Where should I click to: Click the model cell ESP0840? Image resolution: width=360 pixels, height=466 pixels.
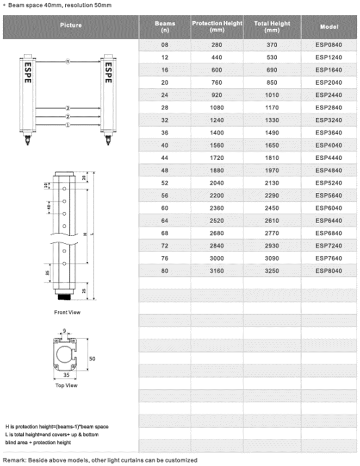click(x=329, y=45)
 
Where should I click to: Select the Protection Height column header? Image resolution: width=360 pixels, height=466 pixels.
click(x=217, y=26)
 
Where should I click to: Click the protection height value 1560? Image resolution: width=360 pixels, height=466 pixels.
click(x=217, y=145)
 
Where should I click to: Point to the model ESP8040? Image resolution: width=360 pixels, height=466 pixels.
click(x=329, y=271)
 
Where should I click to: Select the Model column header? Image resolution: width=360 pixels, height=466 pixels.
click(x=329, y=26)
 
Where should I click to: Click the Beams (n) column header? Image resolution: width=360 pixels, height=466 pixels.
click(x=165, y=26)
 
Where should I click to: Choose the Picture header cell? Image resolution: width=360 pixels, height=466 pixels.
click(x=71, y=25)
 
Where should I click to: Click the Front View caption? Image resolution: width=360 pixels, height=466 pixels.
click(x=67, y=312)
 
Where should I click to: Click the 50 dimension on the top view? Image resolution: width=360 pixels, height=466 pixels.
click(x=92, y=359)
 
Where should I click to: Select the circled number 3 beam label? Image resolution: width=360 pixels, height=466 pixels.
click(x=68, y=107)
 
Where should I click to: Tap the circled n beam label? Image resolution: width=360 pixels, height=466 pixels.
click(x=68, y=61)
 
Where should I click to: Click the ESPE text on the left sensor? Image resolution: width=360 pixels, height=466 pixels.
click(x=28, y=73)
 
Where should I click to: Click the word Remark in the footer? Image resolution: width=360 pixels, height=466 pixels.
click(x=15, y=460)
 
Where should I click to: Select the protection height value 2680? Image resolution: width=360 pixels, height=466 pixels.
click(x=217, y=233)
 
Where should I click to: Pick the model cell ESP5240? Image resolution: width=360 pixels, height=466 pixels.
click(x=329, y=183)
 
